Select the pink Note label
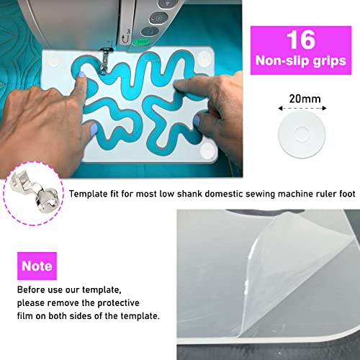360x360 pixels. [37, 266]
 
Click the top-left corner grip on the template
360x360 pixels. [55, 56]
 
